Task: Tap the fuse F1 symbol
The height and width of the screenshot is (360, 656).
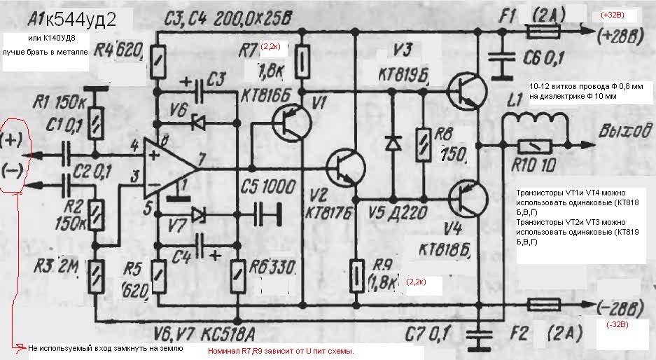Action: coord(543,31)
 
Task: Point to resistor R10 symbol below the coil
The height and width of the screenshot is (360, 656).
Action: coord(534,146)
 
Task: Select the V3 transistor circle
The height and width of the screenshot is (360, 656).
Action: coord(468,89)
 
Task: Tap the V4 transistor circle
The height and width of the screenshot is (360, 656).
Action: coord(468,198)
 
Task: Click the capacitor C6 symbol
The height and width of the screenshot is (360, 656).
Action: coord(501,60)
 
